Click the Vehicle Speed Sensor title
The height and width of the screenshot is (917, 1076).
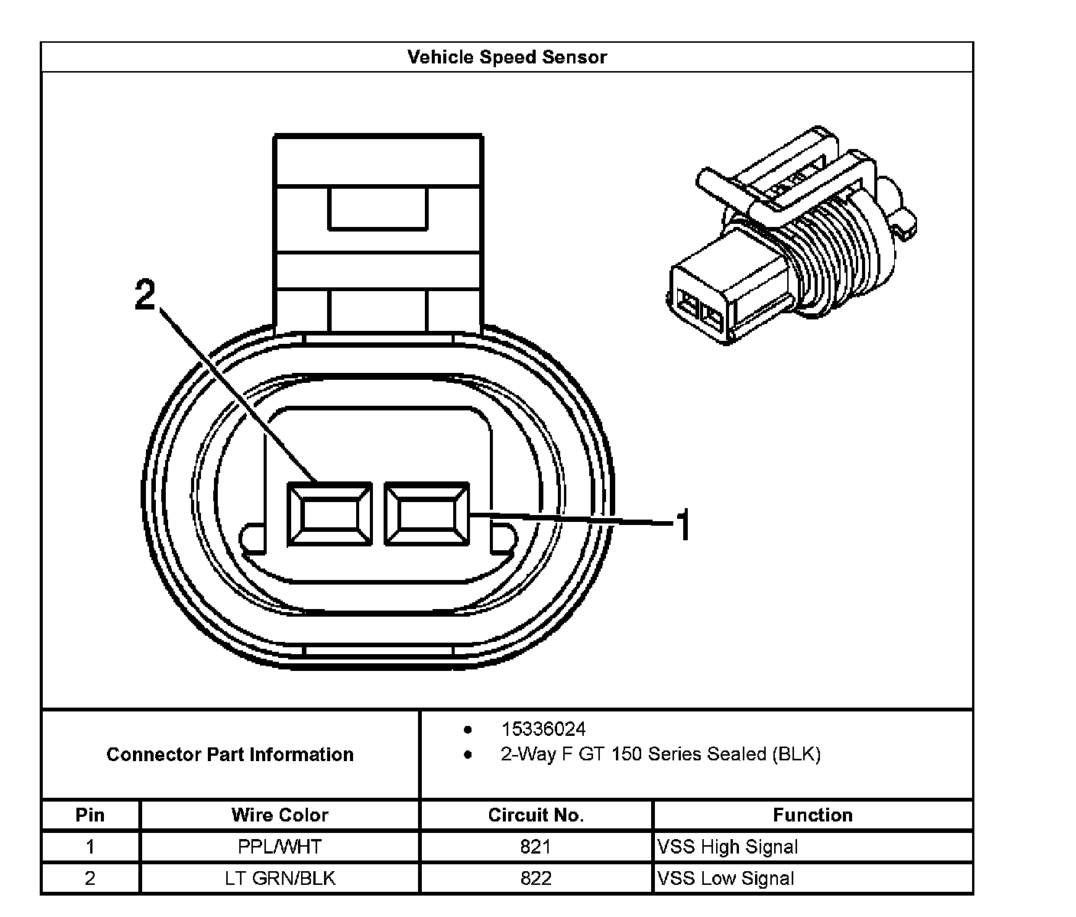point(507,57)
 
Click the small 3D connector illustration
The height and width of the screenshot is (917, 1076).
point(795,237)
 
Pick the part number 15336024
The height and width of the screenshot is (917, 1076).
point(543,729)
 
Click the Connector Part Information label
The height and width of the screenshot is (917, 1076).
point(230,755)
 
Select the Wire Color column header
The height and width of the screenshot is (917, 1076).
point(280,815)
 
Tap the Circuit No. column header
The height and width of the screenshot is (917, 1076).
point(536,815)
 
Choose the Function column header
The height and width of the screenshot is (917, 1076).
point(812,815)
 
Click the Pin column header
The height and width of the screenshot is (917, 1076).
point(90,815)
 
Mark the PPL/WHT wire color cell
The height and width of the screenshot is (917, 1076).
point(280,847)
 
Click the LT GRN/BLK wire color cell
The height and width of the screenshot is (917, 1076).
point(280,878)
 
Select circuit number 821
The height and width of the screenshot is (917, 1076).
point(536,847)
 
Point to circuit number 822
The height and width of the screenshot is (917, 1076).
point(536,878)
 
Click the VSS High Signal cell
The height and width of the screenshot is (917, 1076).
point(728,847)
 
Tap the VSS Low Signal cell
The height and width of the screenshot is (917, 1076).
point(725,878)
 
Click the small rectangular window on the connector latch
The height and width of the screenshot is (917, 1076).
point(378,207)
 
